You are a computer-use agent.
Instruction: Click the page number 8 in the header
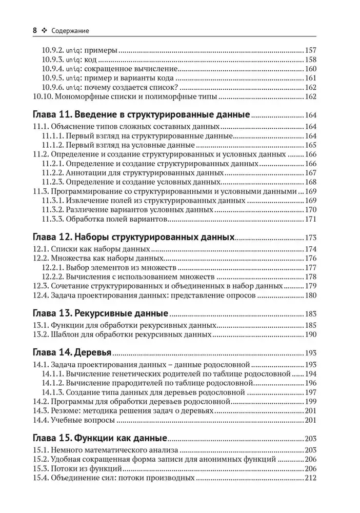(35, 31)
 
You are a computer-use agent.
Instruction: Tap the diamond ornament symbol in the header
(45, 31)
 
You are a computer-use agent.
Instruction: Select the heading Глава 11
(52, 114)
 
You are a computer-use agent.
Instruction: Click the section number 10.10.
(43, 96)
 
